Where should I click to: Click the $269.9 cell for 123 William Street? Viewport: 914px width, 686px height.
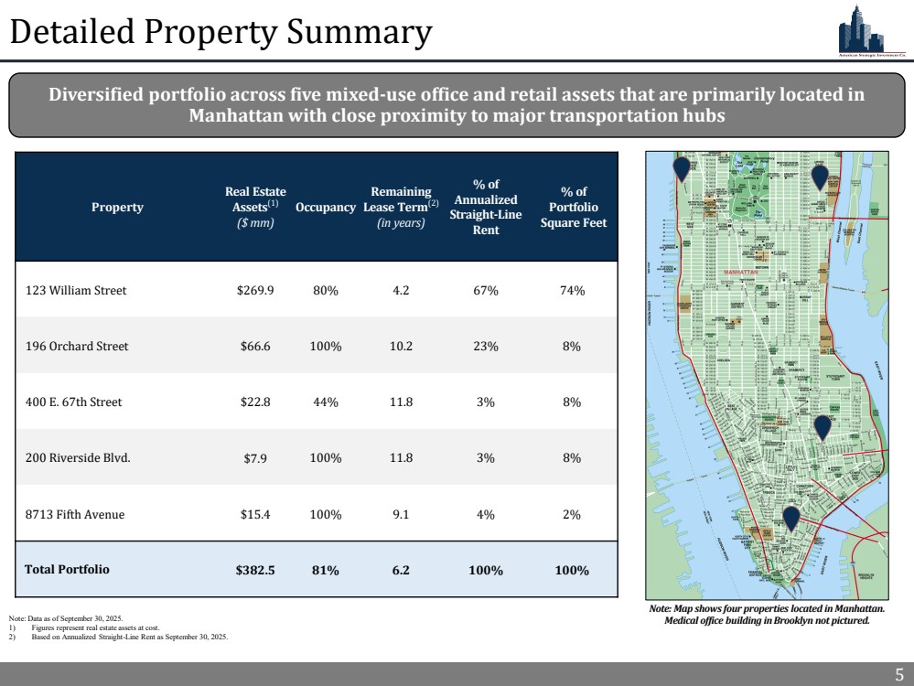(255, 291)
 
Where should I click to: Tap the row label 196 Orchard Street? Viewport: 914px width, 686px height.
(77, 347)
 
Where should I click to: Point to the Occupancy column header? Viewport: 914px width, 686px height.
(326, 208)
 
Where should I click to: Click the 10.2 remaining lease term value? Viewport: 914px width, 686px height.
(401, 347)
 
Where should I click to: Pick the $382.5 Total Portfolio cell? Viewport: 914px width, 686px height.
(255, 570)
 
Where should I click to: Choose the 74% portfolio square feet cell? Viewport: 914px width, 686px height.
(572, 291)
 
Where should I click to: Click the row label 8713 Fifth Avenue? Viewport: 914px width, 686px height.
(74, 514)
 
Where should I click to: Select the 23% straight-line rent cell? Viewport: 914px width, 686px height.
(485, 347)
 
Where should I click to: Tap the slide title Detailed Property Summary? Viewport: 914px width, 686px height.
(220, 33)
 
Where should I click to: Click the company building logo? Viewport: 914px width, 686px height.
(860, 35)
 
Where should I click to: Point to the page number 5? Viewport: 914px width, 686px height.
(898, 675)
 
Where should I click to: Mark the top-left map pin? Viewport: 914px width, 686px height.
(681, 169)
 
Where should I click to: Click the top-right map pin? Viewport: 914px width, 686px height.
(820, 177)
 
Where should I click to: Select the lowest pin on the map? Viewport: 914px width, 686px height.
(790, 519)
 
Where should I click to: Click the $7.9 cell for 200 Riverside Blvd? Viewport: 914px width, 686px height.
(255, 458)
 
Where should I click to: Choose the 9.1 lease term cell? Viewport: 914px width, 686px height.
(401, 514)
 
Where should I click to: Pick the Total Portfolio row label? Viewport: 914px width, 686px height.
(67, 570)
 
